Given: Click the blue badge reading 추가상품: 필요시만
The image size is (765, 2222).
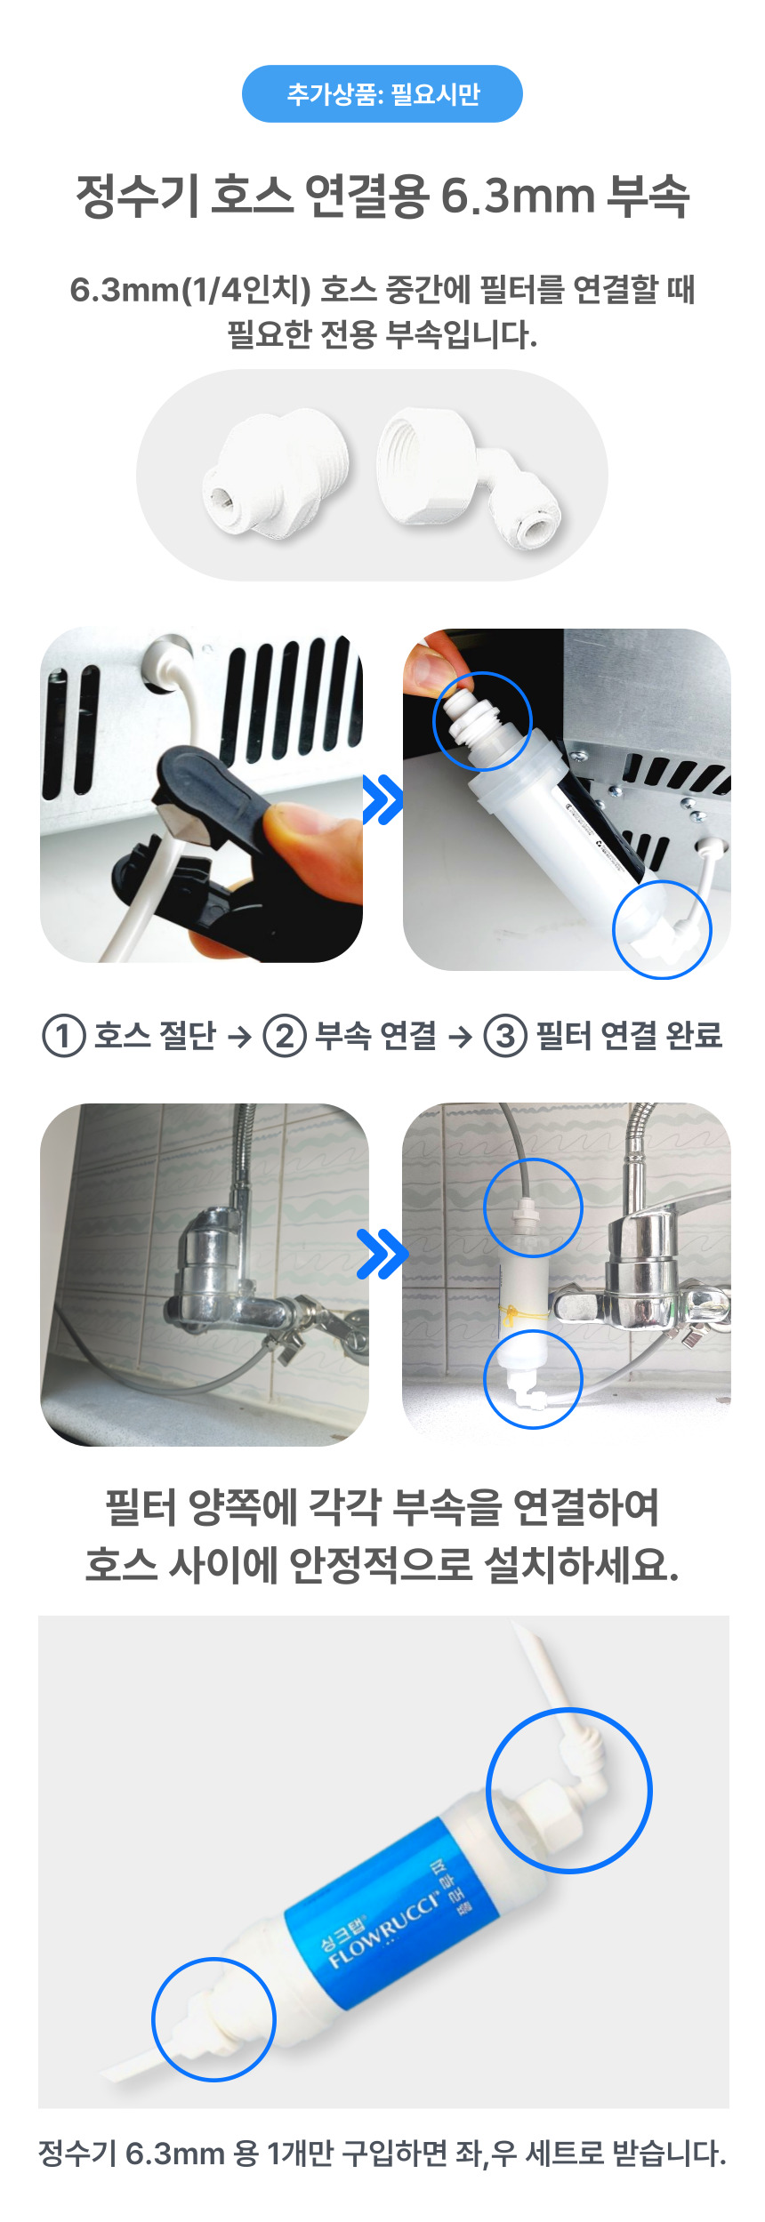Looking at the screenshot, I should tap(382, 93).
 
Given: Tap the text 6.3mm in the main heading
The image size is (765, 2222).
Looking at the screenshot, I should tap(517, 196).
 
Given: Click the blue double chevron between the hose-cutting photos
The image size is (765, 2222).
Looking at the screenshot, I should tap(382, 799).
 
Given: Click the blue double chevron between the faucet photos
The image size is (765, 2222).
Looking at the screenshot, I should tap(382, 1254).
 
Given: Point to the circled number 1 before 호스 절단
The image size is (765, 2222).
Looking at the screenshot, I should tap(63, 1036).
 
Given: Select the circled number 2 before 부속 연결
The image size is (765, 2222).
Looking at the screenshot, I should tap(285, 1036).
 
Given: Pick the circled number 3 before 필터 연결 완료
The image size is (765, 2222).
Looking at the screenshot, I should tap(505, 1036).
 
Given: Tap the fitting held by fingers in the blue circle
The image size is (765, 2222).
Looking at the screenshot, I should tap(481, 719).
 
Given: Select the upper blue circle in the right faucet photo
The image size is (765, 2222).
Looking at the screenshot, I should tap(533, 1207).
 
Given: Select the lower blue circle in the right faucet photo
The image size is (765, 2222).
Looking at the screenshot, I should tap(532, 1378).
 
